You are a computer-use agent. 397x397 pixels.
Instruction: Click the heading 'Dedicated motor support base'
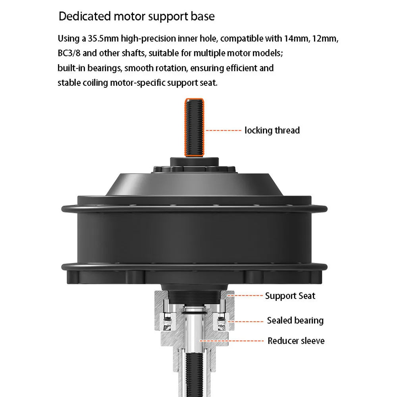(137, 16)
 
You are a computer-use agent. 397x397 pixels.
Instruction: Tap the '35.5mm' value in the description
(103, 39)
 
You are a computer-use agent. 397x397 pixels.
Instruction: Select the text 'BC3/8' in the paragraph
(69, 53)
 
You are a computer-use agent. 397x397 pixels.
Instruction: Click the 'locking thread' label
(272, 130)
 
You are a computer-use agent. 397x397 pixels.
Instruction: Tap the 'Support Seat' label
(290, 296)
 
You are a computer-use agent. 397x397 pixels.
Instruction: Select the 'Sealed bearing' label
(295, 320)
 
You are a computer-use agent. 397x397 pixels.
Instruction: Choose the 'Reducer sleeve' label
(296, 341)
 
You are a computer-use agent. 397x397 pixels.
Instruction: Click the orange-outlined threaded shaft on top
(195, 127)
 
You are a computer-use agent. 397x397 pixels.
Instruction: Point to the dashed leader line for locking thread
(223, 130)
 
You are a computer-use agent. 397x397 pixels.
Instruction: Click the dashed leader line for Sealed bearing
(246, 322)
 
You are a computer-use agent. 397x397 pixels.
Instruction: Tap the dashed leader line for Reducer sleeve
(232, 341)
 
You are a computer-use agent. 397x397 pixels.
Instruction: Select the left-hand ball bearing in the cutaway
(167, 322)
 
